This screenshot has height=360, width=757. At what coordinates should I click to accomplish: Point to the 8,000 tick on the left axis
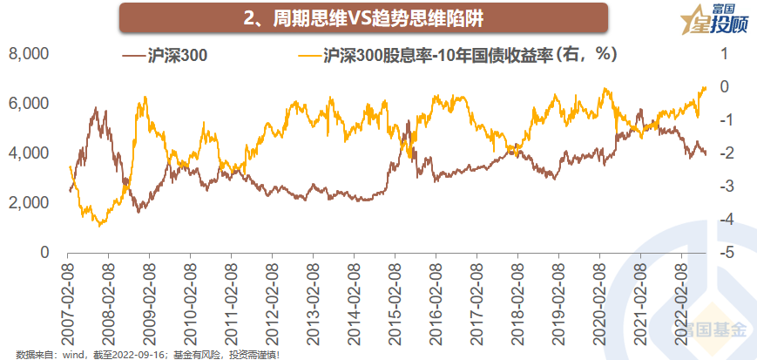[x=29, y=54]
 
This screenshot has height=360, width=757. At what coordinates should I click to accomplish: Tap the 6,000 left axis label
[x=29, y=104]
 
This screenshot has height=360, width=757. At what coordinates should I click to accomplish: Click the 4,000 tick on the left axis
[x=29, y=153]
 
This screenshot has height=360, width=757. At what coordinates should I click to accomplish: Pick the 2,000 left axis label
[x=29, y=203]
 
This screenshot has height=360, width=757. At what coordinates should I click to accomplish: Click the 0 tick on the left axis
[x=44, y=253]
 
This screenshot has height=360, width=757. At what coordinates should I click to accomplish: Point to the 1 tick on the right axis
[x=723, y=54]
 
